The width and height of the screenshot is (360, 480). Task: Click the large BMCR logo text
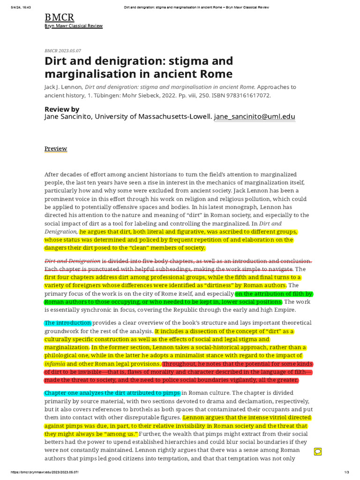[59, 18]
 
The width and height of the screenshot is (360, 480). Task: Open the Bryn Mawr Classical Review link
[73, 26]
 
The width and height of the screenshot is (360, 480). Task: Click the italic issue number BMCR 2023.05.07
[63, 50]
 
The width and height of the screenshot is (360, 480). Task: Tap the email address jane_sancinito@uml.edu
[255, 117]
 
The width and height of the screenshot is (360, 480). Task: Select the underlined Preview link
[56, 149]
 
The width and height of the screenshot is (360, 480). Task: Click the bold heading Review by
[62, 109]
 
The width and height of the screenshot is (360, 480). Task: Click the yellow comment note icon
[317, 451]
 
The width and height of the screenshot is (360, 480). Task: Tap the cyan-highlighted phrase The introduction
[67, 323]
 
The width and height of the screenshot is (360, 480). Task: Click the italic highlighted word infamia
[54, 364]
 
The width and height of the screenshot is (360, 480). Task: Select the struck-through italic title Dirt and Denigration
[72, 261]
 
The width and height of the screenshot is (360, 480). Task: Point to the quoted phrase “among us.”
[119, 434]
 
